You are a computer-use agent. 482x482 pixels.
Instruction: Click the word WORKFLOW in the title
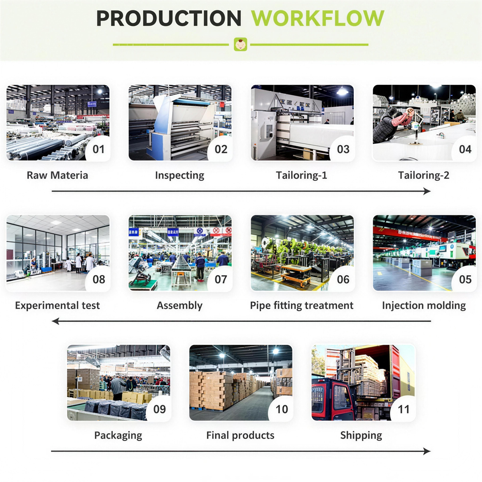tap(317, 18)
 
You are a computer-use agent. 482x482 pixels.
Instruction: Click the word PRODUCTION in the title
tap(169, 18)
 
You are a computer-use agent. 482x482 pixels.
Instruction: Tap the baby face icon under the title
tap(241, 44)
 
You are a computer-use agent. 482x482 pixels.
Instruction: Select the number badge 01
tap(98, 149)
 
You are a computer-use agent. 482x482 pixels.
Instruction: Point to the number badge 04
tap(465, 149)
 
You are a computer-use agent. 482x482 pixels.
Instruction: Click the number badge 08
tap(98, 280)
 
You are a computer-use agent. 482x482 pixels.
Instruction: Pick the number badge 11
tap(404, 409)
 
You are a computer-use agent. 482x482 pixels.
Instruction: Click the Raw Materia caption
tap(57, 175)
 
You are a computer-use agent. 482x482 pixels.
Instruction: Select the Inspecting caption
tap(180, 175)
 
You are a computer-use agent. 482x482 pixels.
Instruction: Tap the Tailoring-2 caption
tap(424, 175)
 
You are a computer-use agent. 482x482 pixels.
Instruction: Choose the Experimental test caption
tap(57, 305)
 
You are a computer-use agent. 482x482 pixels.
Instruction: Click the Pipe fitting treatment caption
tap(302, 305)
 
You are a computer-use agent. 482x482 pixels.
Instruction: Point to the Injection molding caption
tap(424, 305)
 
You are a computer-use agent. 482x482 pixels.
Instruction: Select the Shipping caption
tap(361, 435)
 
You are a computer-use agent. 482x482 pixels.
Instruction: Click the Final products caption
tap(240, 435)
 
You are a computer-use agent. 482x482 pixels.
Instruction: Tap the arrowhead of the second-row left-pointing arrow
tap(55, 321)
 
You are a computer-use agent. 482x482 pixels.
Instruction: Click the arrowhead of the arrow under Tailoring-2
tap(427, 191)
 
